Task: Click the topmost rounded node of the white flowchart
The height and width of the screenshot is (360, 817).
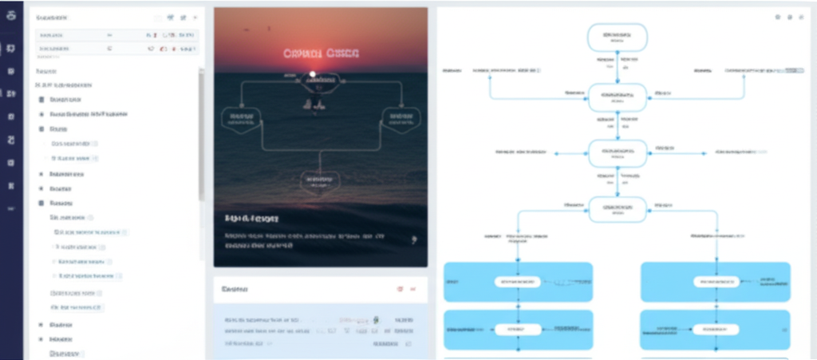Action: click(617, 37)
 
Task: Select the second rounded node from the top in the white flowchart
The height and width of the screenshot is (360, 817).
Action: click(617, 97)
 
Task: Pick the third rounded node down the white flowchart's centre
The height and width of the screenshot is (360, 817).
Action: click(617, 152)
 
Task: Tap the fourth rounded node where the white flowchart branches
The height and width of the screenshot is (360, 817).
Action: click(617, 209)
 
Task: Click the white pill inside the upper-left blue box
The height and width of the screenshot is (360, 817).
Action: click(518, 281)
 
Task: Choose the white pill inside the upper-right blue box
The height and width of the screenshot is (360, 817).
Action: click(716, 281)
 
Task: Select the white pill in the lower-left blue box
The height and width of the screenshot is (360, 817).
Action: click(518, 329)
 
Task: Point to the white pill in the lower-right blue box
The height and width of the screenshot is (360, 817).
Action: click(716, 329)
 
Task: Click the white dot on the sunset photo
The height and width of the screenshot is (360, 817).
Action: click(313, 74)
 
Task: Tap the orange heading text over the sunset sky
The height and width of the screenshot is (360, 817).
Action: click(321, 53)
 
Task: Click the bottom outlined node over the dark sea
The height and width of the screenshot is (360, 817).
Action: click(320, 182)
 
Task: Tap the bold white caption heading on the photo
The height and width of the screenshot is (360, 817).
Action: click(252, 218)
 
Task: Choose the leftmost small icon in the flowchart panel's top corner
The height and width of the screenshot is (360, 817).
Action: click(776, 17)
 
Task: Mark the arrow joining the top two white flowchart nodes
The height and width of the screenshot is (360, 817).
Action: click(617, 67)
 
